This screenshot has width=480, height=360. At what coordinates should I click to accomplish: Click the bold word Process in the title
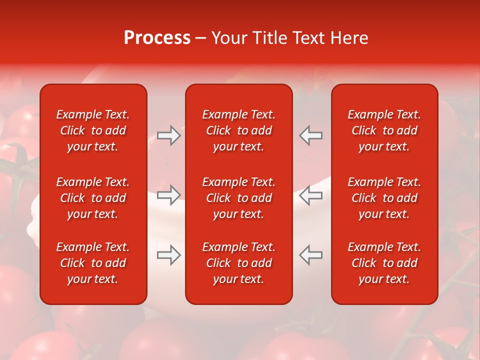click(157, 38)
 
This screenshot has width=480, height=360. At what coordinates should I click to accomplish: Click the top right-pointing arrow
click(168, 135)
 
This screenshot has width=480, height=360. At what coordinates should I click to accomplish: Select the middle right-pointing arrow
click(168, 195)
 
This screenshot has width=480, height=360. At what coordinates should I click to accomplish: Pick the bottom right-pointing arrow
click(168, 255)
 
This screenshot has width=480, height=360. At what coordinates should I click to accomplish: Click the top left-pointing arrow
click(311, 135)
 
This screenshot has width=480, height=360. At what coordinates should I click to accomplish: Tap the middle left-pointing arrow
click(311, 195)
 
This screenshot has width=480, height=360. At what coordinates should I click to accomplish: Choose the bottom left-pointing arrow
click(311, 255)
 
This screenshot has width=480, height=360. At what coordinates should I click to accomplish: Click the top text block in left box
click(93, 130)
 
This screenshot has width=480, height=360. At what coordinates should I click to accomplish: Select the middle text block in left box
click(93, 198)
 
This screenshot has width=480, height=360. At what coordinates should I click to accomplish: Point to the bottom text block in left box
click(93, 263)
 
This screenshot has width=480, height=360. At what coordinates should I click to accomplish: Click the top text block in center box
click(238, 130)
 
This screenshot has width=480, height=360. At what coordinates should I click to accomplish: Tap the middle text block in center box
click(238, 198)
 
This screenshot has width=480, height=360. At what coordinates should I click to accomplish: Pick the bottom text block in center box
click(238, 263)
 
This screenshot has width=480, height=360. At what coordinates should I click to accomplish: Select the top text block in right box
click(384, 130)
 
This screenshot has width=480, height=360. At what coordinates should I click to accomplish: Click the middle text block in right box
click(384, 198)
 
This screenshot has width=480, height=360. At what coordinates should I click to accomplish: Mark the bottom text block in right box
click(384, 263)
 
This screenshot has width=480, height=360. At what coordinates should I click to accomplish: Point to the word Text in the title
click(307, 38)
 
